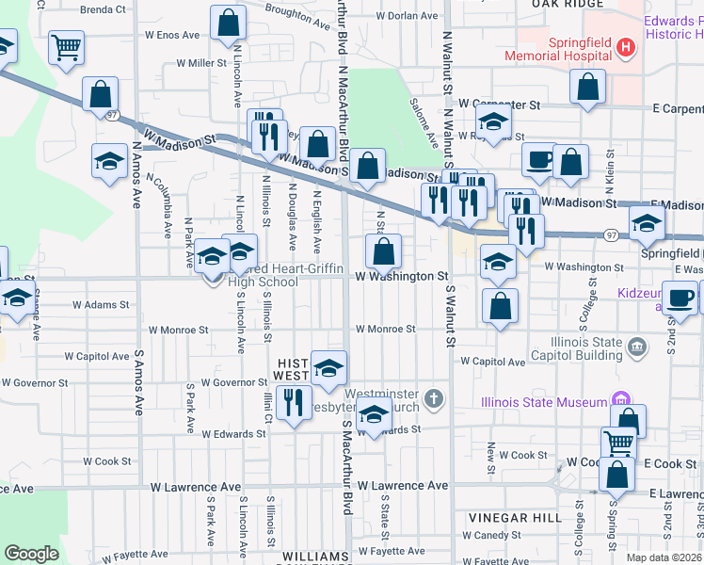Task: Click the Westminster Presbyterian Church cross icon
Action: click(x=434, y=400)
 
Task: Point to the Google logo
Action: click(x=31, y=554)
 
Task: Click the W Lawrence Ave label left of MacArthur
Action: click(x=196, y=487)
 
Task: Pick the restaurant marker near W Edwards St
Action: click(x=294, y=404)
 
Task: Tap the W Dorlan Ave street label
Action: click(x=407, y=16)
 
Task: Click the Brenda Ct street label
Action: click(x=103, y=9)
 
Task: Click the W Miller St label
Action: click(x=202, y=63)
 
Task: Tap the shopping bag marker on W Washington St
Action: click(x=383, y=251)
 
